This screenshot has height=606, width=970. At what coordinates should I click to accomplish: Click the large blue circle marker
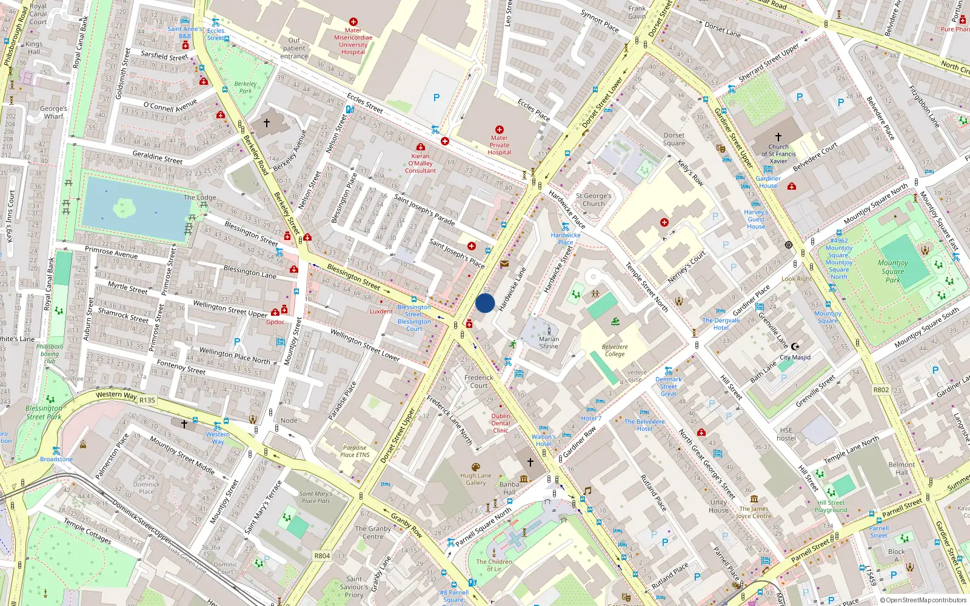pos(485,303)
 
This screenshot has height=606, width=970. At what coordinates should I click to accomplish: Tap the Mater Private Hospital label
pos(499,145)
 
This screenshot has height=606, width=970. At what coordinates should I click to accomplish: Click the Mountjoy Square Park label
pos(892,271)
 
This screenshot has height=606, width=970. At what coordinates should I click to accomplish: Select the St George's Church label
pos(594,200)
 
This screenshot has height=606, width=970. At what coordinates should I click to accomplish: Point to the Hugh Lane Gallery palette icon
pos(476,467)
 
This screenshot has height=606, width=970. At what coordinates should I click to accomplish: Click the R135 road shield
pos(147,400)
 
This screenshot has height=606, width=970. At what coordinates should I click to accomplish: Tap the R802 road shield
pos(881,390)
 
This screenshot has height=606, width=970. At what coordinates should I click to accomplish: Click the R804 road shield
pos(322,556)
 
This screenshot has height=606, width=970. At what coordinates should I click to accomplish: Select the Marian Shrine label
pos(549,343)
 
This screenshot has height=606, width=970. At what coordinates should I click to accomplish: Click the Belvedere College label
pos(615,350)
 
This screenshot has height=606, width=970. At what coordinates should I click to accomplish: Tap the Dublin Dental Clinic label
pos(501,423)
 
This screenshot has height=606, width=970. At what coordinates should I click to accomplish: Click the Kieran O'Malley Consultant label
pos(420,164)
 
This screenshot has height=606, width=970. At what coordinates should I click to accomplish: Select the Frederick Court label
pos(479,381)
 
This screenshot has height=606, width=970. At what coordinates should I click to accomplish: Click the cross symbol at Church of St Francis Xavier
pos(778,137)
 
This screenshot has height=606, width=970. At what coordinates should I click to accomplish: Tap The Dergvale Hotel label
pos(721,324)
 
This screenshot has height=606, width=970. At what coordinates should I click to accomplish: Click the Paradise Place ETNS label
pos(355,451)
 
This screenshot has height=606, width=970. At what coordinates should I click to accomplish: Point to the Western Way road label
pos(116,395)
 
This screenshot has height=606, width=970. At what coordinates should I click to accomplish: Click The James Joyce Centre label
pos(754,513)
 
